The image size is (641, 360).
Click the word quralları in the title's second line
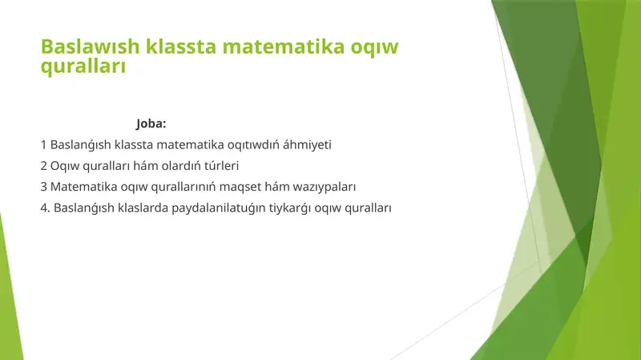point(83,67)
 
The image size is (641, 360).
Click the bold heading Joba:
point(151,124)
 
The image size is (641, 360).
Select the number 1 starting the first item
point(43,145)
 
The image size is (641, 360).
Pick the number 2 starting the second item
point(43,166)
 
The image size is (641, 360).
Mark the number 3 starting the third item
point(43,187)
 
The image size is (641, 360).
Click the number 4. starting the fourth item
point(46,208)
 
